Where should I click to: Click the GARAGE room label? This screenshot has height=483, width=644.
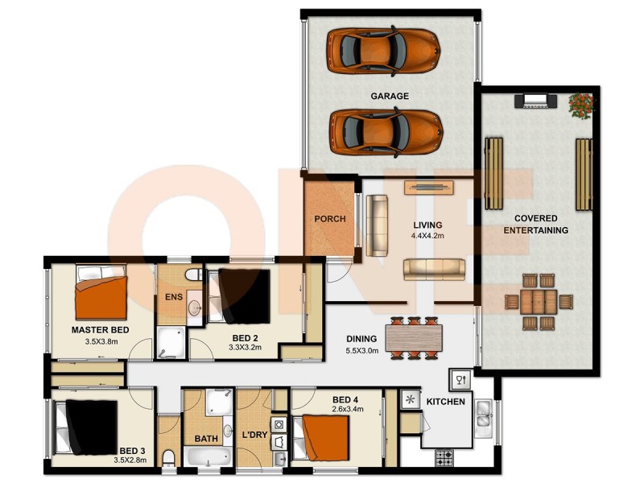click(390, 96)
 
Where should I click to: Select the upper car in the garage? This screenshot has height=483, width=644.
click(383, 50)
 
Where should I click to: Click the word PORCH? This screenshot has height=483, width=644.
click(330, 218)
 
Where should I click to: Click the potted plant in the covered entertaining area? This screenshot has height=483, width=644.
click(580, 105)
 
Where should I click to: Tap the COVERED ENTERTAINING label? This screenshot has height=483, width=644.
click(536, 224)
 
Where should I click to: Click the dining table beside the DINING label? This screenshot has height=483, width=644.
click(416, 336)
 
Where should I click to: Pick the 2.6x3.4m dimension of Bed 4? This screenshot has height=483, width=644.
click(349, 409)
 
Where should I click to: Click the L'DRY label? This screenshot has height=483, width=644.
click(254, 436)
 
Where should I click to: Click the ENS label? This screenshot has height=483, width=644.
click(174, 297)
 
